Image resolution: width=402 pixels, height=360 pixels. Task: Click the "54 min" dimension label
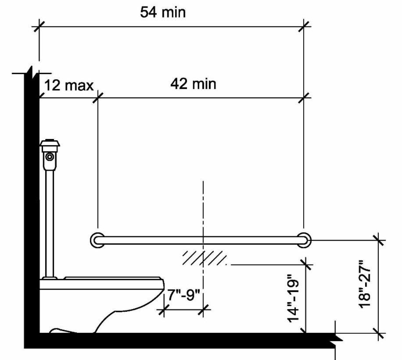pyautogui.click(x=163, y=12)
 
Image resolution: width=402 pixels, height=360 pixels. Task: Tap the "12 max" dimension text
pyautogui.click(x=69, y=85)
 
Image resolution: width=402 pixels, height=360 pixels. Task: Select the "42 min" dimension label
pyautogui.click(x=193, y=84)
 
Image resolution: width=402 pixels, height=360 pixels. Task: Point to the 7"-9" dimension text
pyautogui.click(x=183, y=295)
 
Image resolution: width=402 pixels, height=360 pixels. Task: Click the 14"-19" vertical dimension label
pyautogui.click(x=293, y=299)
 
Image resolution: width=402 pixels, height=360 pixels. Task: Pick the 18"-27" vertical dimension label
pyautogui.click(x=365, y=284)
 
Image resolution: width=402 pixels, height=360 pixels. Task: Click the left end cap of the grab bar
pyautogui.click(x=97, y=240)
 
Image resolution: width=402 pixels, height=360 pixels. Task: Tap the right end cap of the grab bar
pyautogui.click(x=304, y=240)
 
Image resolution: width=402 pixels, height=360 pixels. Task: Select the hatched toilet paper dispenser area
pyautogui.click(x=205, y=258)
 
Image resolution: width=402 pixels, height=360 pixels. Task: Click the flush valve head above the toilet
pyautogui.click(x=50, y=143)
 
